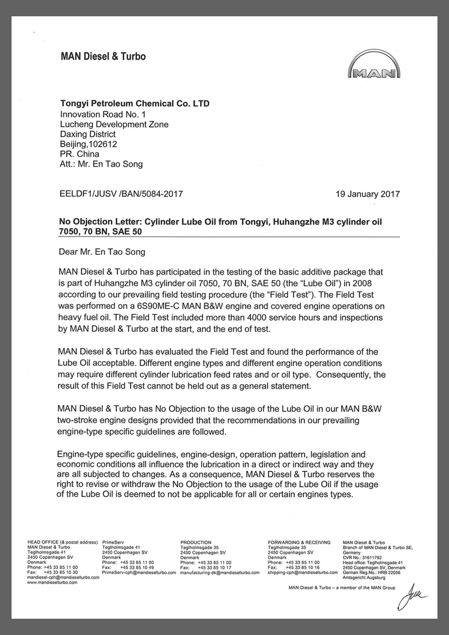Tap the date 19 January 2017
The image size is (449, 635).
(367, 194)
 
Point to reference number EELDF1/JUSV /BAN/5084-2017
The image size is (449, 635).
(121, 194)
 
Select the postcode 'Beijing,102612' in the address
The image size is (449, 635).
(88, 144)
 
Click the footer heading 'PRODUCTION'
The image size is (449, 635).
(196, 543)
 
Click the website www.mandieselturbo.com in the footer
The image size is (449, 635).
(52, 582)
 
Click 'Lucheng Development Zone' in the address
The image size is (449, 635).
(114, 124)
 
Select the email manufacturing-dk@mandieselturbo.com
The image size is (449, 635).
(220, 573)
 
